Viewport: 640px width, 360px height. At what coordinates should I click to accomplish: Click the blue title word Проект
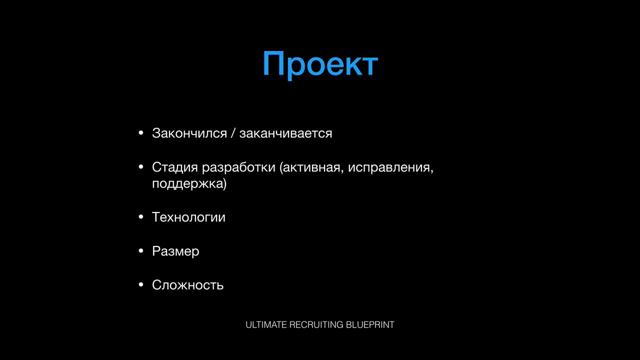(320, 64)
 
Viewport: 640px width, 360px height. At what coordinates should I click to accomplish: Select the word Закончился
(189, 133)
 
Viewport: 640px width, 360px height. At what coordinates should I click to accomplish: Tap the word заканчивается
(285, 133)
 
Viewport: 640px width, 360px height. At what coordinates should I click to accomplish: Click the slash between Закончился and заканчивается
(233, 133)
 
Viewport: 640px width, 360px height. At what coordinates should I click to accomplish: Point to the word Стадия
(175, 167)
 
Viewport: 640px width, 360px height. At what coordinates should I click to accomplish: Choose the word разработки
(238, 167)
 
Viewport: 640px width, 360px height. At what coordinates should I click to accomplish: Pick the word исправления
(390, 167)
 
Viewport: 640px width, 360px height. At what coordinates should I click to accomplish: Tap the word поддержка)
(189, 183)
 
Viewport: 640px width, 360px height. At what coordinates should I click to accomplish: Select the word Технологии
(188, 217)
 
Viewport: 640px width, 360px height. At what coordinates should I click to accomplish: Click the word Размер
(175, 251)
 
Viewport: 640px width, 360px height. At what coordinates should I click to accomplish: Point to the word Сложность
(187, 285)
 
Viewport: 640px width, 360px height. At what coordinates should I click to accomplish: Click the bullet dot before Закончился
(141, 133)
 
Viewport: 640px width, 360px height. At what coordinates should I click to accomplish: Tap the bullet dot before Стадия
(141, 166)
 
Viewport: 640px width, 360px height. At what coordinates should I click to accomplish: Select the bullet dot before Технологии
(141, 217)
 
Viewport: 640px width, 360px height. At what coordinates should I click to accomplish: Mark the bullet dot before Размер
(141, 251)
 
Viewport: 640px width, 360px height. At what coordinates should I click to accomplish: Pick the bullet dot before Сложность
(141, 284)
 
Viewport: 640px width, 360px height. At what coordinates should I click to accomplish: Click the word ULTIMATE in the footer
(266, 325)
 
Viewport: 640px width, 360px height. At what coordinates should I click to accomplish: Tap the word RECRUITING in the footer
(316, 325)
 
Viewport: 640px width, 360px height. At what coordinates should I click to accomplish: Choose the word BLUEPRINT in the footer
(370, 325)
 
